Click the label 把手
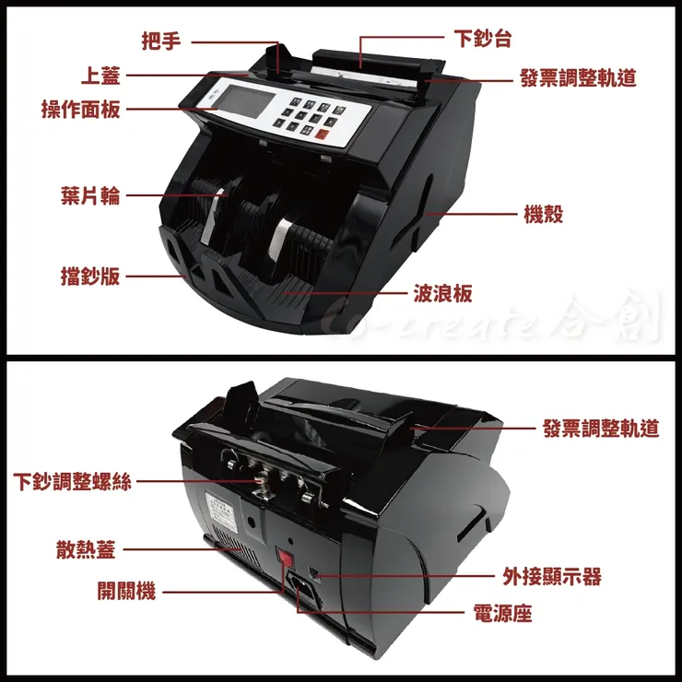click(x=161, y=41)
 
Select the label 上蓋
click(x=100, y=75)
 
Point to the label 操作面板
click(x=80, y=110)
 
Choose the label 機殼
click(x=543, y=215)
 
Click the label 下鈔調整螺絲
click(x=74, y=481)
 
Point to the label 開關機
click(x=127, y=591)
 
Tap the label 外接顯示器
click(x=551, y=576)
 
